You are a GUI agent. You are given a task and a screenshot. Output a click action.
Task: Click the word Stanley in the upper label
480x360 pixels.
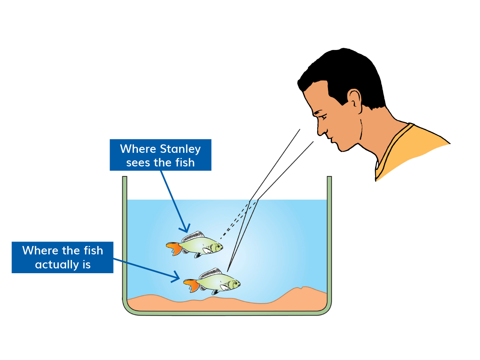tap(180, 150)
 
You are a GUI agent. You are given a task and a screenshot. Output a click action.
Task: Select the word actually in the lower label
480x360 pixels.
tap(57, 265)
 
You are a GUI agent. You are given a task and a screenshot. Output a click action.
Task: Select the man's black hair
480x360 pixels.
tap(343, 76)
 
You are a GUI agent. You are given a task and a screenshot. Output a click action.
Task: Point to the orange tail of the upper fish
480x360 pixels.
tap(174, 248)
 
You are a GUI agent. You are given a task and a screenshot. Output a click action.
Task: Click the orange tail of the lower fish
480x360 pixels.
tap(192, 285)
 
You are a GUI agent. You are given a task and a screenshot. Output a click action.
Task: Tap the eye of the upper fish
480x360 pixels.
tap(218, 246)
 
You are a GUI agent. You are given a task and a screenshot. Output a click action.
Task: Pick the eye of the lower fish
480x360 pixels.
tap(236, 283)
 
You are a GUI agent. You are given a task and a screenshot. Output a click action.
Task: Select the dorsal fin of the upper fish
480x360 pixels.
tap(193, 236)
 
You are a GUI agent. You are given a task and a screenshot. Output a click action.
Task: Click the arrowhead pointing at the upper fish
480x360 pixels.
tap(186, 229)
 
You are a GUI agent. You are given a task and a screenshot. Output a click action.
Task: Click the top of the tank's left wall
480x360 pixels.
tap(124, 177)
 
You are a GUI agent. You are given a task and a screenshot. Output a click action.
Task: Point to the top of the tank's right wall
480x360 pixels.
tap(329, 177)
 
